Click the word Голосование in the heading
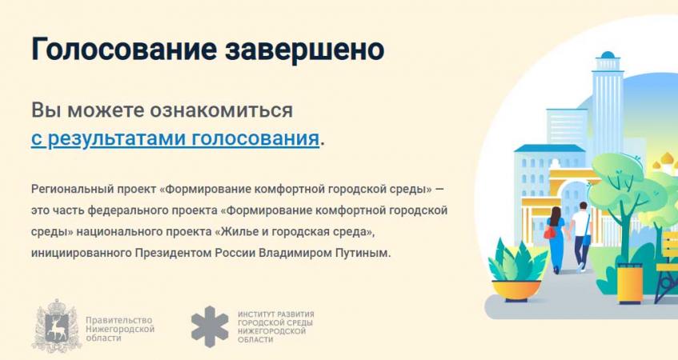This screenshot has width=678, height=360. tap(123, 49)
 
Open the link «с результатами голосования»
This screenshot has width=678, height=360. tap(175, 138)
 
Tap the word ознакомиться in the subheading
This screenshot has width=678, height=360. tap(221, 110)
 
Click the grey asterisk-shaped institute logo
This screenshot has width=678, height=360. tap(210, 326)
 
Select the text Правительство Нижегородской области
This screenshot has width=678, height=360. tap(120, 329)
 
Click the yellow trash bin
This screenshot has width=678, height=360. tap(629, 282)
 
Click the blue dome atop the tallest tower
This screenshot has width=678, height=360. tap(608, 55)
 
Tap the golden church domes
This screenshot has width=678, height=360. tap(666, 163)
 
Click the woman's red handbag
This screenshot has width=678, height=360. tap(550, 233)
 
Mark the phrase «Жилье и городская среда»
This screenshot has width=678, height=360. tap(294, 232)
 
